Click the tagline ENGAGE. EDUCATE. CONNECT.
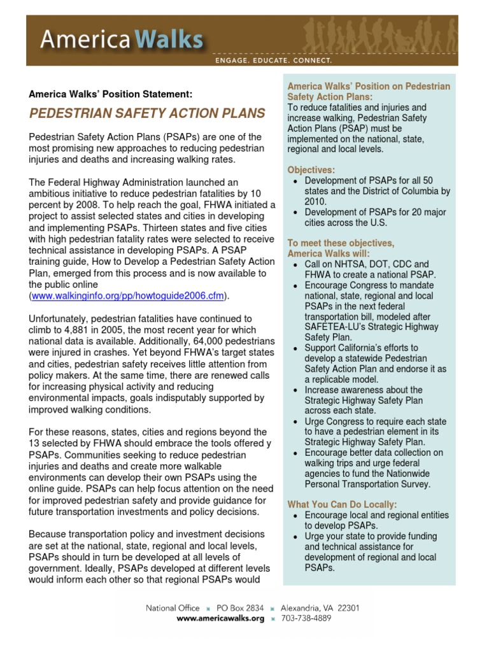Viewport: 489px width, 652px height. pos(273,61)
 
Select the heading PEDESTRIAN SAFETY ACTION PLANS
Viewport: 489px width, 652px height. pos(146,114)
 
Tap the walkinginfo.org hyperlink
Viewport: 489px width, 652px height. pos(128,296)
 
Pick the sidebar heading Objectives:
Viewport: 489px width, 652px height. pos(311,170)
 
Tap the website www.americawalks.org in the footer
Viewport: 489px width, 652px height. pos(220,619)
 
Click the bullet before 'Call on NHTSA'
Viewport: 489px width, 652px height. pos(294,264)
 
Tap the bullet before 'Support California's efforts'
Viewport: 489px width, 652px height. pos(294,348)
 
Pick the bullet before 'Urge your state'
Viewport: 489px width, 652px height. pos(294,537)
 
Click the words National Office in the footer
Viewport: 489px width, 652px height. pos(173,608)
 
